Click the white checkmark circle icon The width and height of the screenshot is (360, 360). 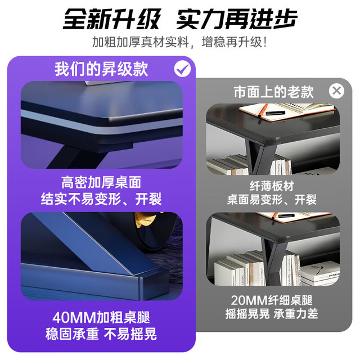point(182,69)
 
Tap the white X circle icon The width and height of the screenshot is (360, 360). point(336,91)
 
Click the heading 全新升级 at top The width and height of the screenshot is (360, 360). point(112,19)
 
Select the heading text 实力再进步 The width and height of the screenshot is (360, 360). point(237,19)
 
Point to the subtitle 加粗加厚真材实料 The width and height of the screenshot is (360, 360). point(141,42)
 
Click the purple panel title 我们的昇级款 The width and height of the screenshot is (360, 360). point(101,69)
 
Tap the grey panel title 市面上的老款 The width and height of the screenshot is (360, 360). point(274,92)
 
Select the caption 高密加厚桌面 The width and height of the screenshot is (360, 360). point(101,182)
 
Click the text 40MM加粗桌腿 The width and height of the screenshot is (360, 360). point(101,317)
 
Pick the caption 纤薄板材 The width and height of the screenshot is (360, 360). point(272,186)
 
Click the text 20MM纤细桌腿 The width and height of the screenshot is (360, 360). point(272,300)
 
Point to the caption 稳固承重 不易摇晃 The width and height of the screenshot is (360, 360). point(101,334)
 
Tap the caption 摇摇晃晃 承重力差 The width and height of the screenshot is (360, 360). point(272,314)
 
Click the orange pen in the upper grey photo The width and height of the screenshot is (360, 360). point(262,111)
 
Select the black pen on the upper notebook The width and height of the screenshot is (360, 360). point(276,113)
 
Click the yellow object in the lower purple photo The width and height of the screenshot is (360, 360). point(145,219)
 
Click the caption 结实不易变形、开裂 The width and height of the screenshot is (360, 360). point(101,199)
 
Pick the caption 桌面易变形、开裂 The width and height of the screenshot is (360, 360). point(272,200)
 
